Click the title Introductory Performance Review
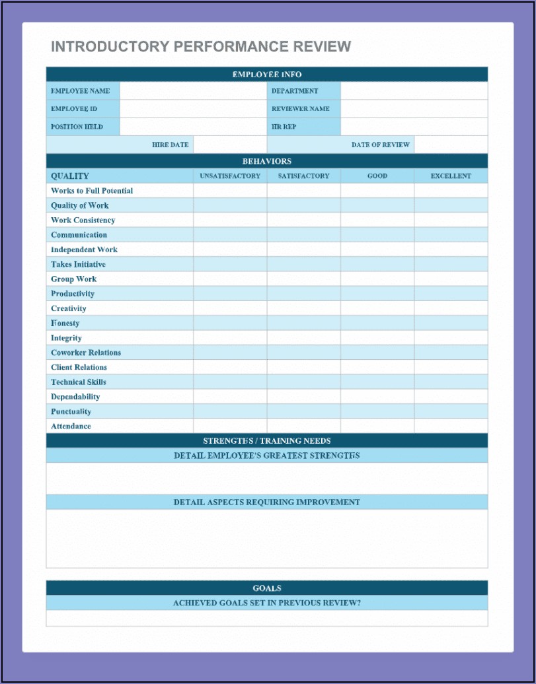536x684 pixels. [x=201, y=47]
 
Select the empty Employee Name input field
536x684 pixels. [x=193, y=91]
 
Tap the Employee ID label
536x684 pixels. [x=74, y=109]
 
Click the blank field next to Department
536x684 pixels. [x=414, y=91]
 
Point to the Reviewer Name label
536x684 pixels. [x=300, y=109]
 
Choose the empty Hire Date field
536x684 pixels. [x=230, y=145]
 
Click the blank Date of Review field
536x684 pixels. [x=451, y=145]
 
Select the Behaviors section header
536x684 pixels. [x=267, y=161]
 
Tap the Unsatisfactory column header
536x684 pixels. [x=230, y=176]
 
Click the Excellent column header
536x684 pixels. [x=451, y=176]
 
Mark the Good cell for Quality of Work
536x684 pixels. [x=377, y=205]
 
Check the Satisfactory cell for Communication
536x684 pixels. [x=303, y=235]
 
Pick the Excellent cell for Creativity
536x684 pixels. [x=451, y=308]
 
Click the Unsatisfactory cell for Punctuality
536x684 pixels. [x=230, y=411]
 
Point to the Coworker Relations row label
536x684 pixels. [x=86, y=353]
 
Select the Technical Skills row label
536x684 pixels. [x=79, y=382]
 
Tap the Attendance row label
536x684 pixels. [x=71, y=427]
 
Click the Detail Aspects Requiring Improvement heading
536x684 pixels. [x=267, y=502]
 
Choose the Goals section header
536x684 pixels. [x=267, y=588]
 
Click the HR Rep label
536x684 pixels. [x=284, y=127]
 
